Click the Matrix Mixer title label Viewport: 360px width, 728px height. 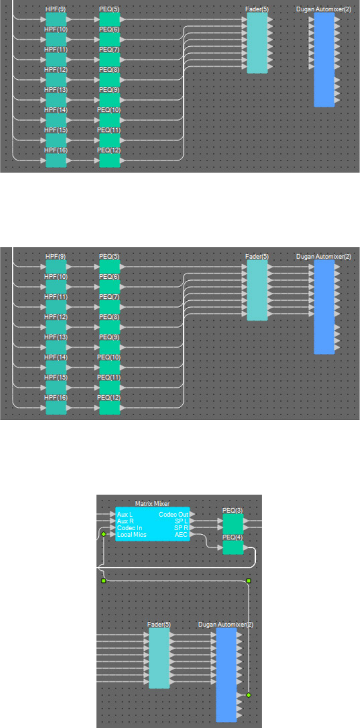tap(152, 503)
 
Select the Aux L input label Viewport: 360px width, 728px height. tap(125, 514)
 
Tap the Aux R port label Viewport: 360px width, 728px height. tap(125, 521)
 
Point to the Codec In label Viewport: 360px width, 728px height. tap(129, 528)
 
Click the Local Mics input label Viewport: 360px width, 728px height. tap(131, 535)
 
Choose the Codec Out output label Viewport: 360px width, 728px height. tap(173, 514)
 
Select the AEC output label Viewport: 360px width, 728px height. tap(181, 535)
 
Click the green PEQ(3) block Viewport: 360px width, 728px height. tap(232, 523)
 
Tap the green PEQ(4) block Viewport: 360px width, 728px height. tap(232, 547)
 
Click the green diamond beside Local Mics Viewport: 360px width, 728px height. tap(104, 535)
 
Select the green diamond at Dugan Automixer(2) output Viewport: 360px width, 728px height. tap(248, 695)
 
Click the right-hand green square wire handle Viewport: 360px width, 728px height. tap(249, 581)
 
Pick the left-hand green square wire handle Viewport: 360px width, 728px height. tap(104, 581)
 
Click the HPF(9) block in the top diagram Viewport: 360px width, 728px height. tap(56, 19)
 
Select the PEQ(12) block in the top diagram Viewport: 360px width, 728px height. tap(109, 160)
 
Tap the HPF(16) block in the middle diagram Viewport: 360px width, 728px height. tap(56, 408)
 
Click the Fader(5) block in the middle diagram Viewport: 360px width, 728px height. tap(257, 290)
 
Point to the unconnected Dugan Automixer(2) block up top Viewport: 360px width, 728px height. tap(324, 59)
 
